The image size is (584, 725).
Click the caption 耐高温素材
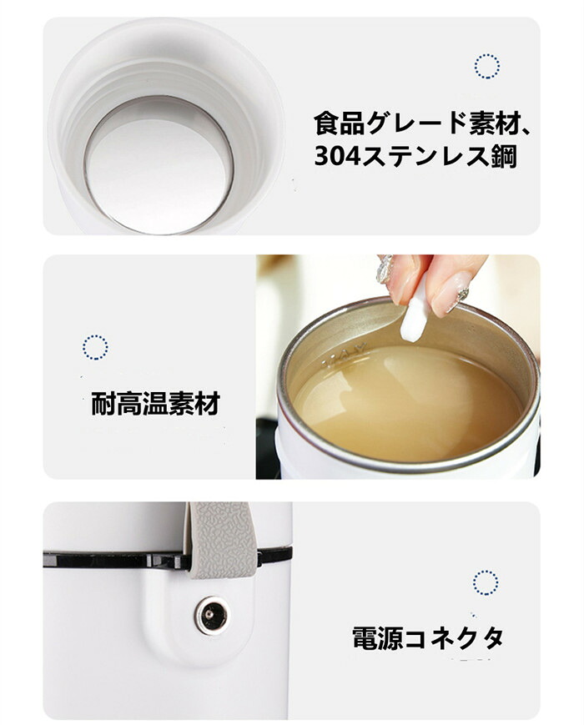(x=155, y=404)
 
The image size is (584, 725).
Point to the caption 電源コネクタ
(x=428, y=638)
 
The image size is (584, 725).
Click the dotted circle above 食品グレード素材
(x=486, y=66)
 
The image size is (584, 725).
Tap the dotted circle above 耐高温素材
(x=95, y=347)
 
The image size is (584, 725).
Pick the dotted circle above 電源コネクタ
(x=486, y=583)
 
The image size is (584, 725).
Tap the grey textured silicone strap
(x=221, y=540)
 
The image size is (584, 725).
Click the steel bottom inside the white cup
(x=156, y=164)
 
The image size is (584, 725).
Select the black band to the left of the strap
(x=116, y=560)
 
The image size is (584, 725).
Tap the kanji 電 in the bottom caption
(x=365, y=638)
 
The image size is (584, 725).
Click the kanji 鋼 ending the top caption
(x=504, y=157)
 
